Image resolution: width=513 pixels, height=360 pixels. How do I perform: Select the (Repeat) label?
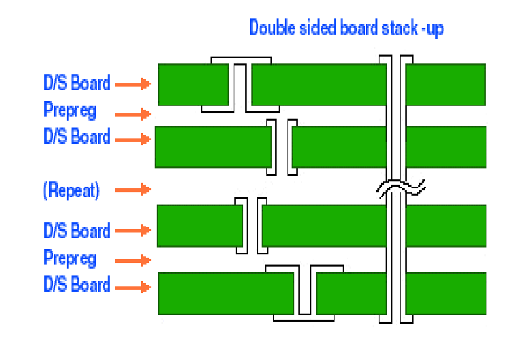72,190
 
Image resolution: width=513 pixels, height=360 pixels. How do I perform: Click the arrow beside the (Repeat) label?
132,189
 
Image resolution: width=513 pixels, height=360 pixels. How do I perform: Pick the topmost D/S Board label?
77,84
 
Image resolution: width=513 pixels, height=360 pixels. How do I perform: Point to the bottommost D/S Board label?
77,284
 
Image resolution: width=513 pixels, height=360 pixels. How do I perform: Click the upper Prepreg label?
70,110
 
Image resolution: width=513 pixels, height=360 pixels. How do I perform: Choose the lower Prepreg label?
70,258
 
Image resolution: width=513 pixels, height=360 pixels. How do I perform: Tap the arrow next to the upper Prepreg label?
132,114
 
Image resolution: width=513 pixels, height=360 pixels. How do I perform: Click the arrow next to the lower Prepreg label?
132,260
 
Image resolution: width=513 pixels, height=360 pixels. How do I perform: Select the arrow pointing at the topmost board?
132,85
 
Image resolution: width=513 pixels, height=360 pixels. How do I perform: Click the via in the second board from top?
281,147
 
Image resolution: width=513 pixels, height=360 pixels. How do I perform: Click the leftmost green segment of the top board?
193,85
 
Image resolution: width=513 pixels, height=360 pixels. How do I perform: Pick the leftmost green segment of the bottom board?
226,293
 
